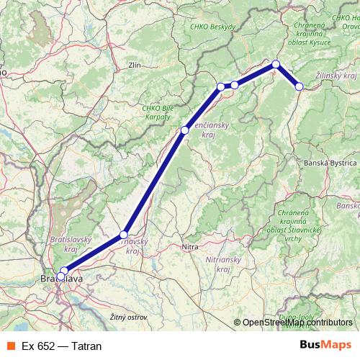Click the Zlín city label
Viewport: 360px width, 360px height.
tap(134, 65)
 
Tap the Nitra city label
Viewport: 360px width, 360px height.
tap(190, 247)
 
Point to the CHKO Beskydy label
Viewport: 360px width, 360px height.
tap(213, 27)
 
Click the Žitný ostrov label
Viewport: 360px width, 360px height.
tap(128, 317)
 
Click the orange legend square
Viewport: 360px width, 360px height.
tap(10, 346)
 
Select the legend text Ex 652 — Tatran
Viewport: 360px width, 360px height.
tap(62, 346)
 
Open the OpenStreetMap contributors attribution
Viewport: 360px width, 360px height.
tap(297, 323)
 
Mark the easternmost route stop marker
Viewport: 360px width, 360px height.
tap(300, 86)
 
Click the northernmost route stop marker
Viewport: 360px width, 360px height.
tap(276, 64)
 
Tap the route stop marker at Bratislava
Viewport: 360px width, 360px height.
tap(63, 272)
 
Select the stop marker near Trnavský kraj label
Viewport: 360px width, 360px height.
tap(124, 235)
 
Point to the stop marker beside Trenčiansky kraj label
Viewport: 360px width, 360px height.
tap(185, 130)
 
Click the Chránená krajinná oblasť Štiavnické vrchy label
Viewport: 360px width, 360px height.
tap(292, 222)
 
